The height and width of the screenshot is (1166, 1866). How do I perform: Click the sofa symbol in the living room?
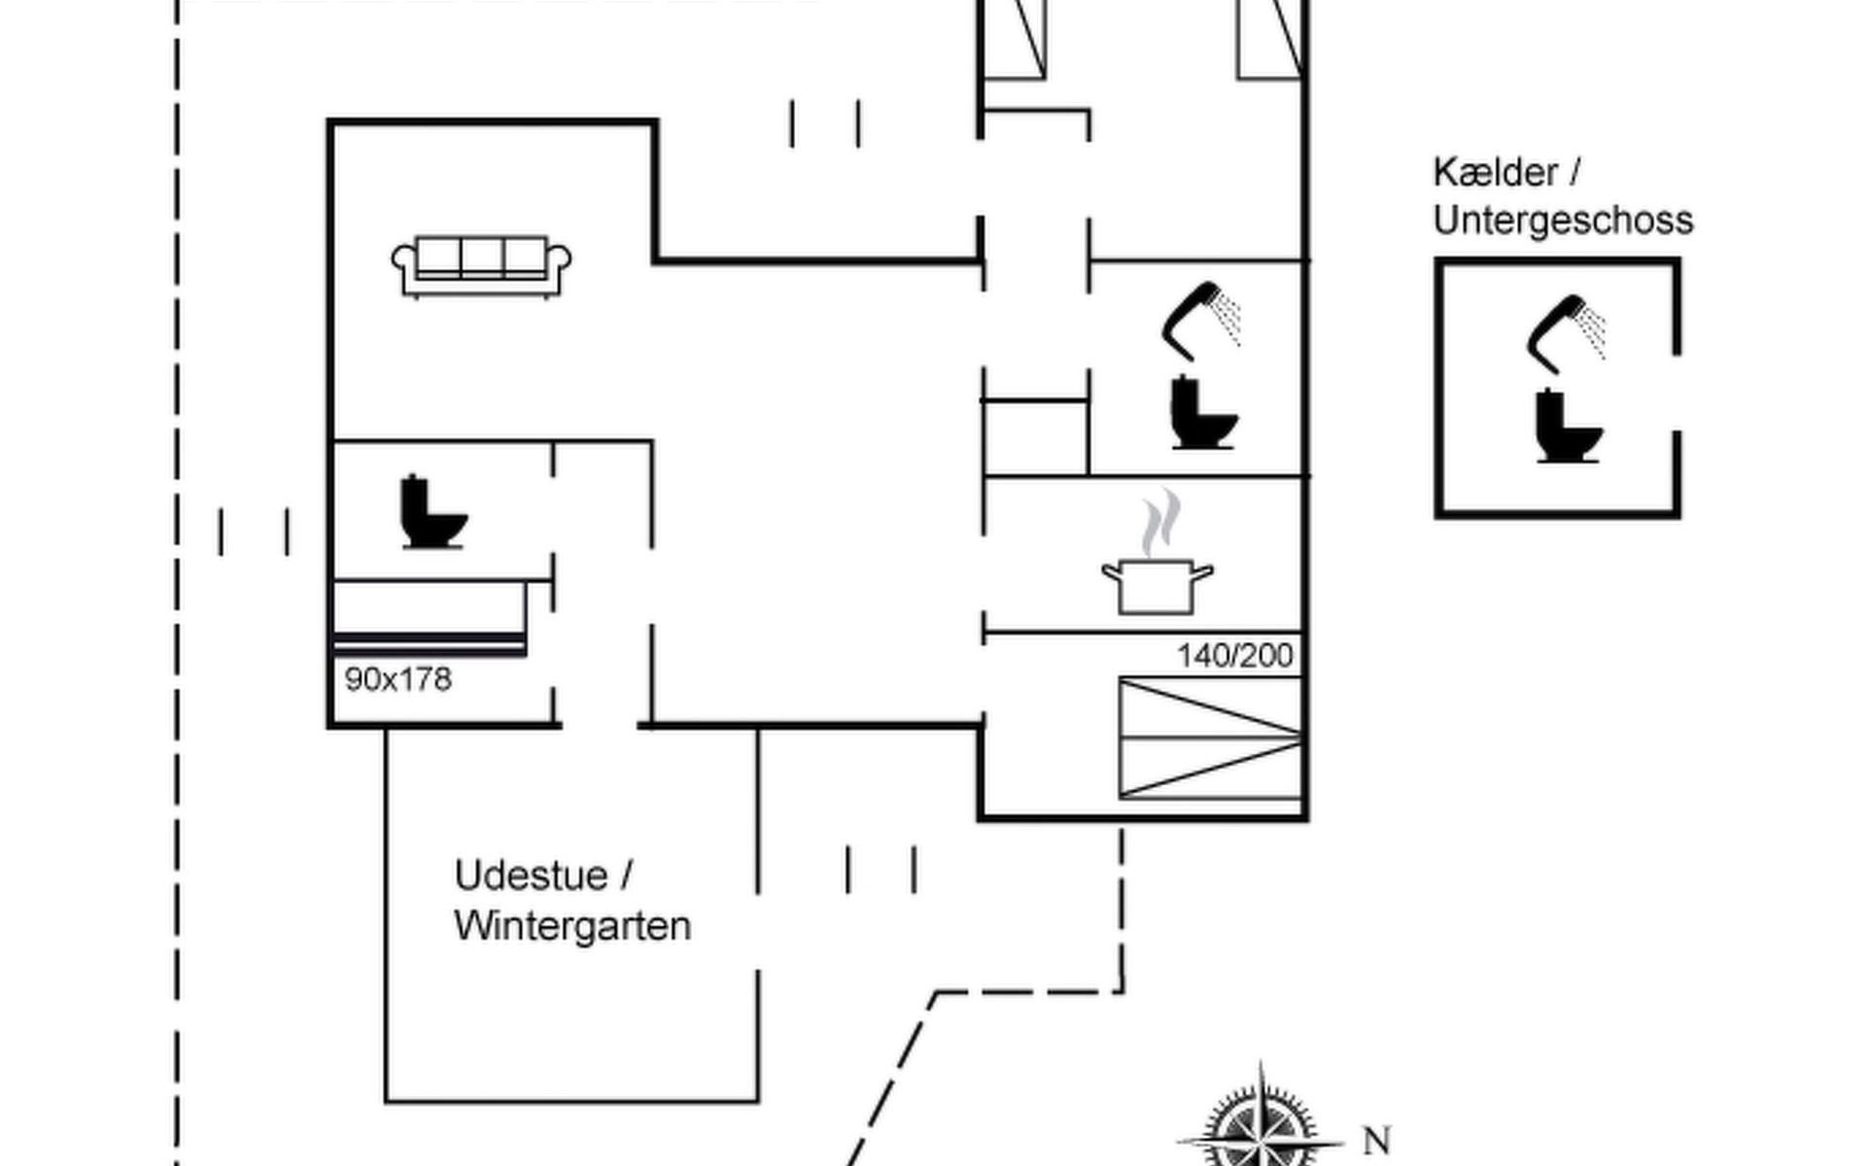click(x=481, y=265)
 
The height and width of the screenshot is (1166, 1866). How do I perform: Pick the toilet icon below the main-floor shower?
click(x=1203, y=413)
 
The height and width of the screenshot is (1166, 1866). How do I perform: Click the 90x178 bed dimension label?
click(x=398, y=679)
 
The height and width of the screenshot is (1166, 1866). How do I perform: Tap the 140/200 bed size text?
click(x=1234, y=656)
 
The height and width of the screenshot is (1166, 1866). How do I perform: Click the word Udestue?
click(x=530, y=875)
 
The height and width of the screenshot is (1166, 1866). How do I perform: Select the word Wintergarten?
click(x=572, y=926)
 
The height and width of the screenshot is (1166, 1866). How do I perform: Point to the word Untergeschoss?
click(x=1563, y=221)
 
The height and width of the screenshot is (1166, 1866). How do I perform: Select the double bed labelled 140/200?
click(x=1210, y=738)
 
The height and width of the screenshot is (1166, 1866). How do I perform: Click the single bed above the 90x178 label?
click(x=430, y=617)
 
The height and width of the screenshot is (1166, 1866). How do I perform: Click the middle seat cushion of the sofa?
click(x=481, y=257)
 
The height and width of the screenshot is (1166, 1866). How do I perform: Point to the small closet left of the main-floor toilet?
click(x=1035, y=437)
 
